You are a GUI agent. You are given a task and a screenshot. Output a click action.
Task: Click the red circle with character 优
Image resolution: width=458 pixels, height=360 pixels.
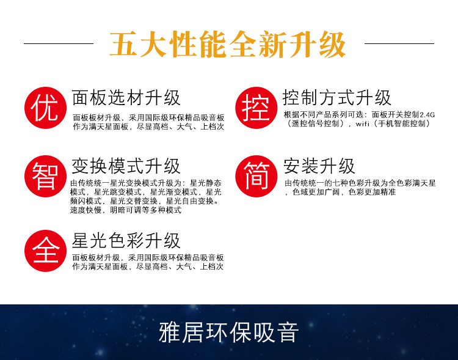tap(45, 108)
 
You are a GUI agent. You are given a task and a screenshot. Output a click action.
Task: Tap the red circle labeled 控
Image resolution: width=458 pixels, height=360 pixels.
tap(256, 108)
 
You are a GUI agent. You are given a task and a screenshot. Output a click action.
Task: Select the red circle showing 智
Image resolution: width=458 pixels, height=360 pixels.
tap(45, 176)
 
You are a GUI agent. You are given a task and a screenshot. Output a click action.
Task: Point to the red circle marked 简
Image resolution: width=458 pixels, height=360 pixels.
tap(256, 176)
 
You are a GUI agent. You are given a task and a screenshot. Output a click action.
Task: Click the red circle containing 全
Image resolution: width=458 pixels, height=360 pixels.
tap(45, 251)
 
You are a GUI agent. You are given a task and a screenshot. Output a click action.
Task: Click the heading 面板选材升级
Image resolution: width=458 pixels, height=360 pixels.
tap(126, 98)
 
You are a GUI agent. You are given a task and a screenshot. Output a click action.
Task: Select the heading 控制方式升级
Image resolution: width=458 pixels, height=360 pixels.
tap(336, 98)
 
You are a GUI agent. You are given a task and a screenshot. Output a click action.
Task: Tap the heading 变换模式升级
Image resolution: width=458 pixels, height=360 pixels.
tap(126, 166)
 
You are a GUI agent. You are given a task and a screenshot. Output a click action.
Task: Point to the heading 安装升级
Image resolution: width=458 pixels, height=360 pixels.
tap(319, 166)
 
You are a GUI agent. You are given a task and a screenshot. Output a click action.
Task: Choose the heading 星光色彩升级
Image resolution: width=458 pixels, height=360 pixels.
tap(126, 241)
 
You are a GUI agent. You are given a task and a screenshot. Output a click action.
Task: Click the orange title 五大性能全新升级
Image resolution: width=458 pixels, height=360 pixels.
tap(228, 44)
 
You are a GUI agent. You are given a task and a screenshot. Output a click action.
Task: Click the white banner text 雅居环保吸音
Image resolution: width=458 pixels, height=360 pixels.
tap(229, 332)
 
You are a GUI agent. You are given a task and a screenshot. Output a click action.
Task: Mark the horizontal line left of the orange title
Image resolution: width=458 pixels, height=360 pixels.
tap(59, 43)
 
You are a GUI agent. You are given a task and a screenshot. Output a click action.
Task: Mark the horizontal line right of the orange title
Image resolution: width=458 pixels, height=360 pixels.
tap(399, 43)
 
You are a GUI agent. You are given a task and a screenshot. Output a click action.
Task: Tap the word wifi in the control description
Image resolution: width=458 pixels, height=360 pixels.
tap(363, 123)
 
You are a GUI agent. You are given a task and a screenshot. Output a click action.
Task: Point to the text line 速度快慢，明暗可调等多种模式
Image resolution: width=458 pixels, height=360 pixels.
tap(126, 210)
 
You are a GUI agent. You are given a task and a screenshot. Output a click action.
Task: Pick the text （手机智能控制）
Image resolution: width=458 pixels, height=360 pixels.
tap(402, 123)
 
